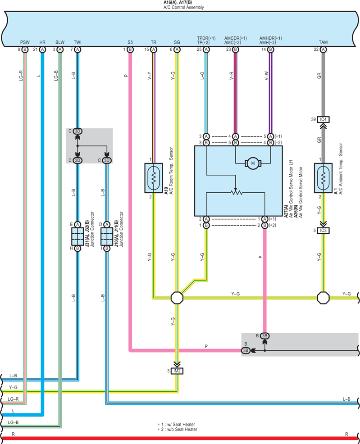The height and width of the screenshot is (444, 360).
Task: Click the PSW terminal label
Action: point(25,42)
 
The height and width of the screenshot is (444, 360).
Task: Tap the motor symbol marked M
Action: point(253,163)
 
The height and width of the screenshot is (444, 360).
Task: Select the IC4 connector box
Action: point(323,119)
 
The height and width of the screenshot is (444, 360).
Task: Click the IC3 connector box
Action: point(323,231)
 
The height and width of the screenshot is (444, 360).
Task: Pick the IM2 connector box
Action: point(177,371)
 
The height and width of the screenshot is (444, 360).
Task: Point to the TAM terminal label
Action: point(323,42)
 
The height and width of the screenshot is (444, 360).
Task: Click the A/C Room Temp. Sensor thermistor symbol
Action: point(154,178)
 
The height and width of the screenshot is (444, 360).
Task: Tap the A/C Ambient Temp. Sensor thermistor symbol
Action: point(323,178)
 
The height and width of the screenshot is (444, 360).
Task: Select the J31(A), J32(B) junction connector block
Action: point(77,236)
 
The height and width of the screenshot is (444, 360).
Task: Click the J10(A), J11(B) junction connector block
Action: point(107,236)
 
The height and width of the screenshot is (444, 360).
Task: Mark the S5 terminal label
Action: point(130,42)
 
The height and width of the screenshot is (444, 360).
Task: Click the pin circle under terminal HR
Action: point(42,50)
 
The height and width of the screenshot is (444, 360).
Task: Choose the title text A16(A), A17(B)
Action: point(178,2)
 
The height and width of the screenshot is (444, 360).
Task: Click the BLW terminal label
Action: point(60,42)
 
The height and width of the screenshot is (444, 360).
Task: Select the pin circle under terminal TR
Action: point(154,50)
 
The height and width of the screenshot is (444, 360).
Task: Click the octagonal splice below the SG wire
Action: point(177,298)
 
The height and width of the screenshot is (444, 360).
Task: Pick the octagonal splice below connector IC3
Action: point(323,298)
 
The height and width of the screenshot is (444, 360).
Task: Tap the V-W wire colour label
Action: point(267,76)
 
